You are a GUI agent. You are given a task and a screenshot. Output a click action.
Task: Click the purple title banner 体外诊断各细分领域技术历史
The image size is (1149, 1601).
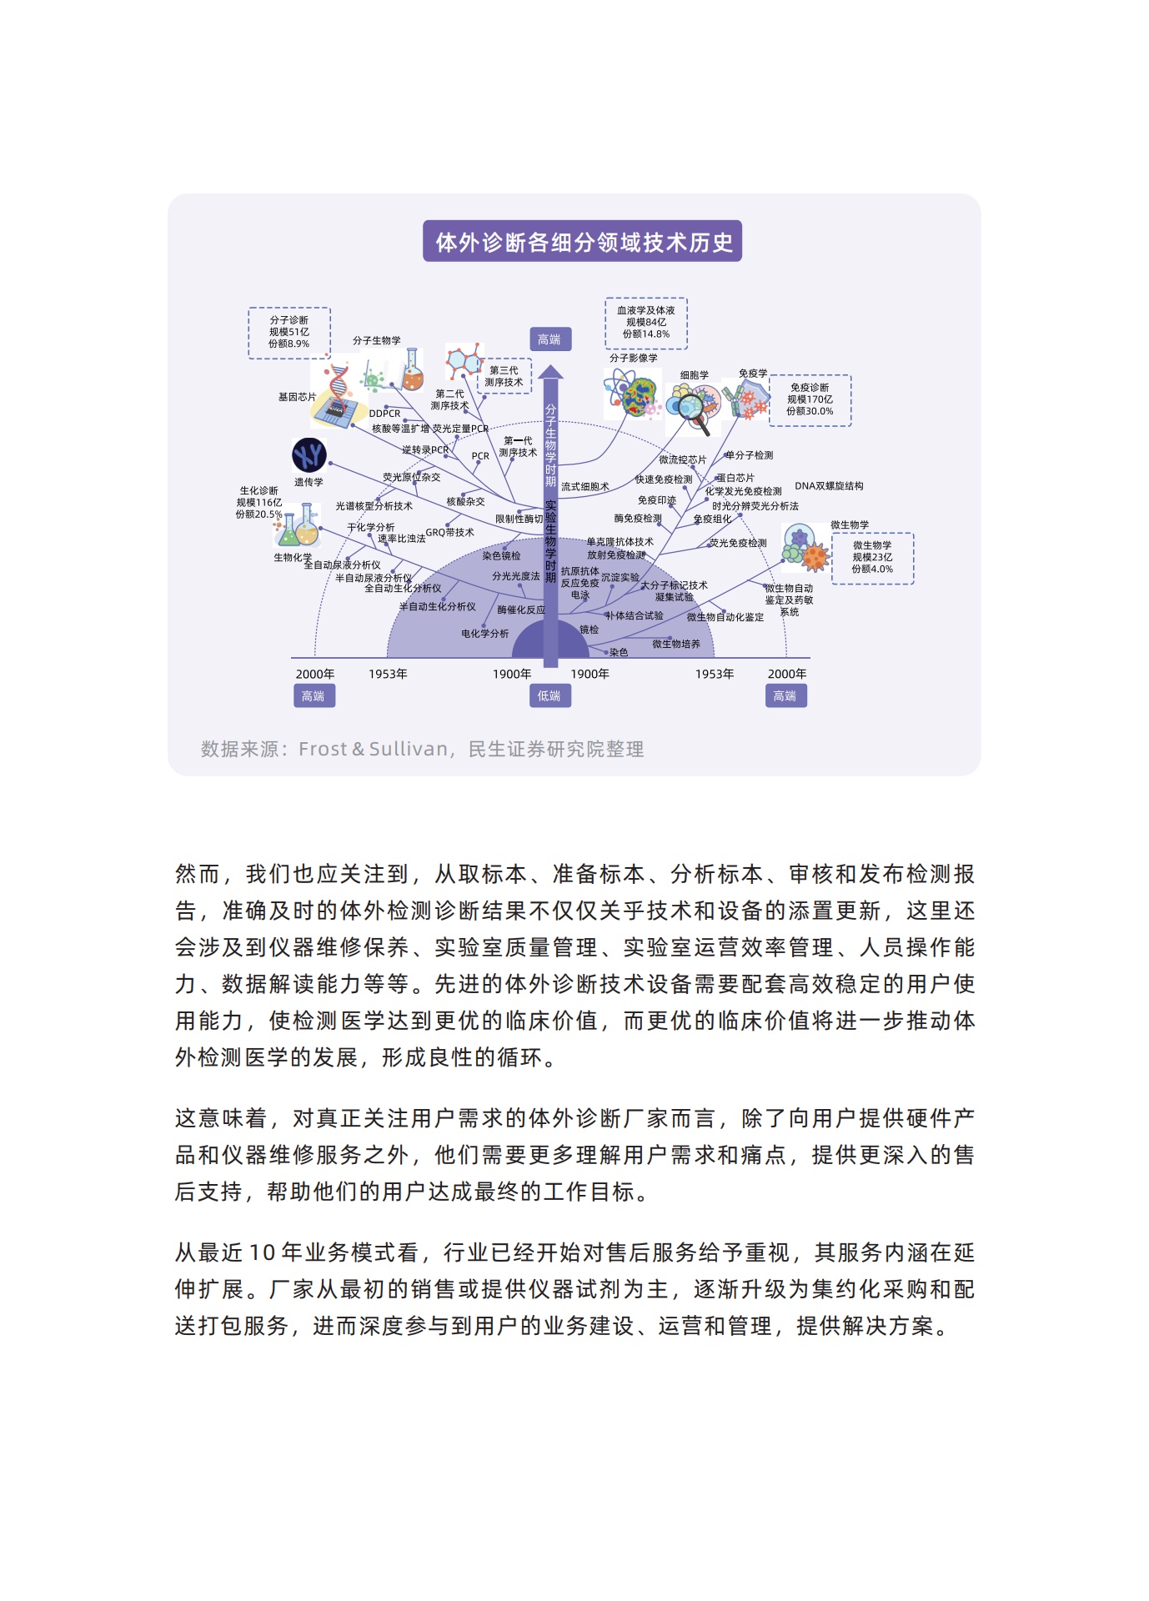point(582,242)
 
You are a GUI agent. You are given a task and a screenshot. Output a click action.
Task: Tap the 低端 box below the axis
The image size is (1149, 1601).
point(549,695)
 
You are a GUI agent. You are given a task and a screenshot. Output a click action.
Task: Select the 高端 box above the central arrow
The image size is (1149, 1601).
point(550,339)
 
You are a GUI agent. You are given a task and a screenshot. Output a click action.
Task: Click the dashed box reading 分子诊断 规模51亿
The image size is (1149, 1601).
point(289,332)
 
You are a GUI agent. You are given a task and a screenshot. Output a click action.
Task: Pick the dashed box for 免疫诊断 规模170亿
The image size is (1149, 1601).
point(810,399)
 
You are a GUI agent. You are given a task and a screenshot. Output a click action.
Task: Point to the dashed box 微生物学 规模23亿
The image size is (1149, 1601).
point(872,557)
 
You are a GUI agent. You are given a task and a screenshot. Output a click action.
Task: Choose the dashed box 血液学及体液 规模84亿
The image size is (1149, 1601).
point(646,323)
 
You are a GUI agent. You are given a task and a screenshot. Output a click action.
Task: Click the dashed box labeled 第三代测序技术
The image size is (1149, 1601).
point(504,376)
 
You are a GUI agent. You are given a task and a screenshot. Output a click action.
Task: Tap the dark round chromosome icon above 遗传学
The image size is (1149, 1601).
point(309,455)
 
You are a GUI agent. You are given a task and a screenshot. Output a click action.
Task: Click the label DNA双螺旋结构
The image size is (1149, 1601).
point(829,486)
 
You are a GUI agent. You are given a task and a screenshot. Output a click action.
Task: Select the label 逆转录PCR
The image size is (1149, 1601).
point(425,449)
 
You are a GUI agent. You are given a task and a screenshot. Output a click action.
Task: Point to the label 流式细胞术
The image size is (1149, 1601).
point(585,486)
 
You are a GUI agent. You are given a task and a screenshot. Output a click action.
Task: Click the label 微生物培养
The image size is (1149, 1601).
point(676,644)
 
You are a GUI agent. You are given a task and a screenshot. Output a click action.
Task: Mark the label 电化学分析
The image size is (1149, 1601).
point(485,634)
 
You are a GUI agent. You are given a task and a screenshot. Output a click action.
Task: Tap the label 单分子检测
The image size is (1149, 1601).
point(750,455)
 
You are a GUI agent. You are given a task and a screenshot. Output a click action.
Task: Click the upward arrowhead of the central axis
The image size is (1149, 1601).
point(550,372)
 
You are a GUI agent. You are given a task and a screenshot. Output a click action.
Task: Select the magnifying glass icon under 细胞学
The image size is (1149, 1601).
point(693,410)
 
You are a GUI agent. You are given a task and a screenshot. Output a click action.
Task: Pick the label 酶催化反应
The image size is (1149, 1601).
point(521,610)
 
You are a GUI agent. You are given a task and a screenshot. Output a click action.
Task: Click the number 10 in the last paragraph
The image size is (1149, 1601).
point(262,1252)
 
